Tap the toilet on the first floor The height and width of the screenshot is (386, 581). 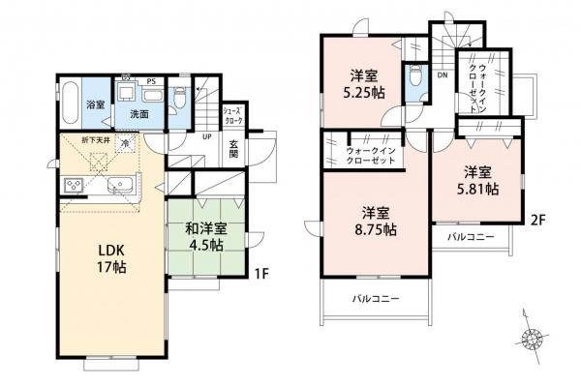click(180, 97)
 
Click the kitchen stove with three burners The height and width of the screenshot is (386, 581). click(74, 185)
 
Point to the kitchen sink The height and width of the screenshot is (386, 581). click(122, 185)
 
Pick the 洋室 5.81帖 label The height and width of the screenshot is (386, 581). click(478, 181)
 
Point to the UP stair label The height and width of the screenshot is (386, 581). click(206, 136)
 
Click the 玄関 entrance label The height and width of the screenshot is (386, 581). click(233, 151)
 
